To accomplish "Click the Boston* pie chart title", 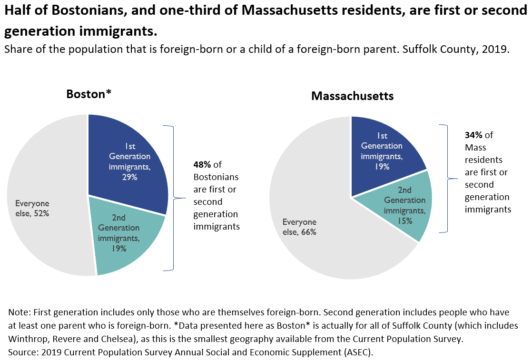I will (89, 94).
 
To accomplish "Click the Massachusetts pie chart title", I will (352, 96).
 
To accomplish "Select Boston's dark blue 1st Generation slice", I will (143, 143).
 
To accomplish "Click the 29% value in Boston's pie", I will (129, 177).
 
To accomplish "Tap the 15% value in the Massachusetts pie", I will (405, 221).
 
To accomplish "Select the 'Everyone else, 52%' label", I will (32, 208).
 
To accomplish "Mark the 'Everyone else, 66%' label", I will (300, 227).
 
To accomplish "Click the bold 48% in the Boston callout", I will (202, 165).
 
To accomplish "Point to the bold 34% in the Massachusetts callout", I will (473, 135).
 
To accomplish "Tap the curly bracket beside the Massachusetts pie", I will (447, 179).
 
